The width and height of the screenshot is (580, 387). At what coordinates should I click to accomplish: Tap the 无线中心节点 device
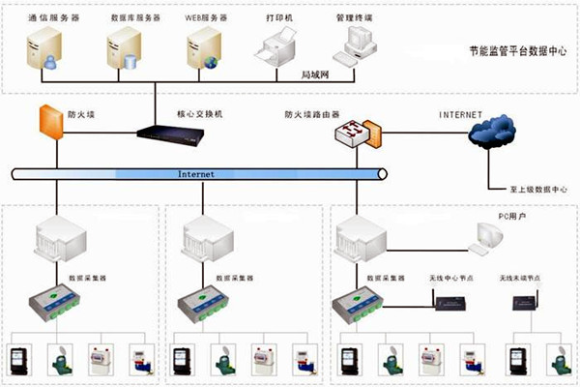click(449, 304)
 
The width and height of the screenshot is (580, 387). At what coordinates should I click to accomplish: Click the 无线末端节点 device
click(523, 304)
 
